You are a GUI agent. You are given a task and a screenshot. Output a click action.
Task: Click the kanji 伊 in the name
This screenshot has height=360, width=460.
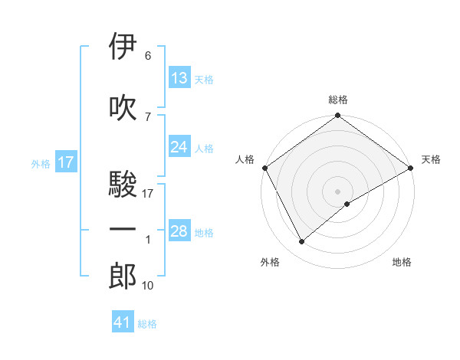(123, 47)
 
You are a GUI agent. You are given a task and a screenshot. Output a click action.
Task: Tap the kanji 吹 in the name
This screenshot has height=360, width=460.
(123, 108)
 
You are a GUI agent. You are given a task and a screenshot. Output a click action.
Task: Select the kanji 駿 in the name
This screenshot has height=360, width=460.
(123, 185)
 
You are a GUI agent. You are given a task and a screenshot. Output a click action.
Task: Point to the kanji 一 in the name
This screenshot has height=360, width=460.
(123, 229)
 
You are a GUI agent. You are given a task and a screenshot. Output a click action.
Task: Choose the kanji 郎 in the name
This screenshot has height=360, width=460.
(123, 276)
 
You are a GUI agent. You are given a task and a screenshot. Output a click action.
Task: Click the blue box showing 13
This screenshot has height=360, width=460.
(179, 78)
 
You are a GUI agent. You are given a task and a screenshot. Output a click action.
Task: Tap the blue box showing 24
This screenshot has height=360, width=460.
(179, 147)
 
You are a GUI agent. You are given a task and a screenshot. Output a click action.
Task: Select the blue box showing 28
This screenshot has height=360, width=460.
(179, 231)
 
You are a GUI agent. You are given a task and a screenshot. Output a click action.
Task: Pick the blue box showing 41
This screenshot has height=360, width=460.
(123, 322)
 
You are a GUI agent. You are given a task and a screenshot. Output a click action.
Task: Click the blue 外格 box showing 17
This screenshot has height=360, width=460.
(65, 162)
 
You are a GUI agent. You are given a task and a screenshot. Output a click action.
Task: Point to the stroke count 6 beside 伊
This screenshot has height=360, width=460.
(147, 56)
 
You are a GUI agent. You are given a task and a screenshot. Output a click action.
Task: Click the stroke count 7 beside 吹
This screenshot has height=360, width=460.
(147, 116)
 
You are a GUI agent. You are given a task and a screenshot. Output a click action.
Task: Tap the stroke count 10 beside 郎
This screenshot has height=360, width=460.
(147, 286)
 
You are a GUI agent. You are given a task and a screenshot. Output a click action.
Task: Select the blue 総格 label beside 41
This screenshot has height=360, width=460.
(147, 324)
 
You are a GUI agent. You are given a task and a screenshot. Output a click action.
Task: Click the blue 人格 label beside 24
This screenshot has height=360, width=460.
(204, 148)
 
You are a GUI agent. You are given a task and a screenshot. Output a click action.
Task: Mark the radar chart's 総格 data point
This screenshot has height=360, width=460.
(337, 117)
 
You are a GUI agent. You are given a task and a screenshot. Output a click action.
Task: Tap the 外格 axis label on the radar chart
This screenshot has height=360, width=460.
(270, 262)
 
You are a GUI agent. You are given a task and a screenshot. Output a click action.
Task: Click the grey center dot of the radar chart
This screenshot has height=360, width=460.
(337, 190)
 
